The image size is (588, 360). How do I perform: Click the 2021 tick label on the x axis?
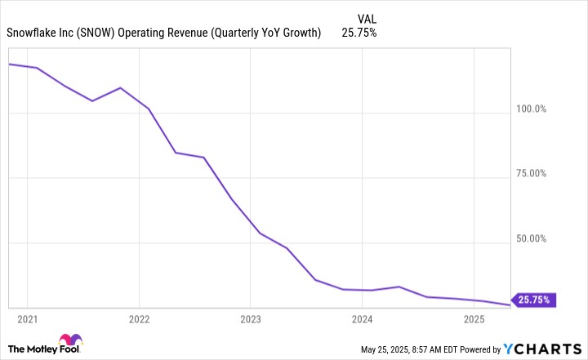(27, 318)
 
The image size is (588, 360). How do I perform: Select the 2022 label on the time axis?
(139, 318)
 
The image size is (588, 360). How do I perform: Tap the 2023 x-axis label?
(251, 318)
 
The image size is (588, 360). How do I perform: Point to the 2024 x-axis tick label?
(363, 318)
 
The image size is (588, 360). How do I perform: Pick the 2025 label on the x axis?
(474, 318)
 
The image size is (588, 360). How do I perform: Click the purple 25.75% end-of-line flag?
(534, 300)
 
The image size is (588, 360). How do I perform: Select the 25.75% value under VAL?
(359, 33)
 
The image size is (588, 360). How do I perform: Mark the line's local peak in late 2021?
(120, 87)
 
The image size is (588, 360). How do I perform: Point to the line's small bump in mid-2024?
(399, 287)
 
